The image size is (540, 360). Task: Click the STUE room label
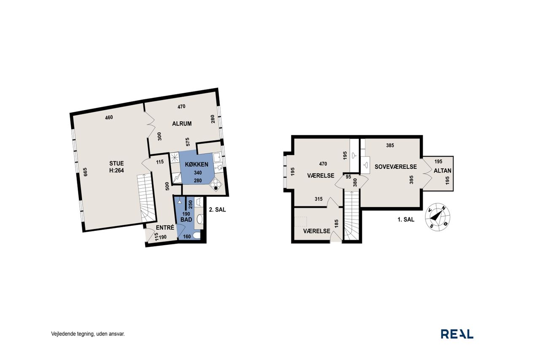[x=116, y=163]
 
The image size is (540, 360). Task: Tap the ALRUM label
[x=182, y=124]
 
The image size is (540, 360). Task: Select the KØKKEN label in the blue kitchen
[x=197, y=165]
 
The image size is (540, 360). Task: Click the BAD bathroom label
[x=186, y=219]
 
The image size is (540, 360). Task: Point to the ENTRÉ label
[x=165, y=227]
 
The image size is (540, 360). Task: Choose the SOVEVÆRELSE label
[x=396, y=167]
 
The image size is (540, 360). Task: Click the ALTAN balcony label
[x=443, y=171]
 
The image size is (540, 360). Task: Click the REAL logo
[x=457, y=334]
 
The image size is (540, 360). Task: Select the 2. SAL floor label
[x=217, y=210]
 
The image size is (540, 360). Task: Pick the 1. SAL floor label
[x=406, y=219]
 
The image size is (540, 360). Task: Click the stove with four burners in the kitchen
[x=216, y=185]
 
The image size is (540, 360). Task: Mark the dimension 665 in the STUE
[x=85, y=172]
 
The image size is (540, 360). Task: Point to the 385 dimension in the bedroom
[x=390, y=146]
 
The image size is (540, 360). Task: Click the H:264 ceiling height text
[x=116, y=171]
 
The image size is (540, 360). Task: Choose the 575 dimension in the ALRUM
[x=188, y=142]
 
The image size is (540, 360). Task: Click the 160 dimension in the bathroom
[x=187, y=237]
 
